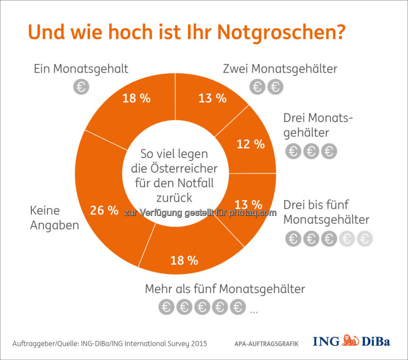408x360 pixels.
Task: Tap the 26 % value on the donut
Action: pos(104,210)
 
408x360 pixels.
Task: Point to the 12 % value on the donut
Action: pos(250,144)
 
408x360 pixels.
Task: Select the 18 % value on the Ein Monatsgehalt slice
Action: pos(136,98)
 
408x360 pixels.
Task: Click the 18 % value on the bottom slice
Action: pos(184,260)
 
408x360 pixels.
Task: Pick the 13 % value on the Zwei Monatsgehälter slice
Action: pos(212,98)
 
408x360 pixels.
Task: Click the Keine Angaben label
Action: pos(54,217)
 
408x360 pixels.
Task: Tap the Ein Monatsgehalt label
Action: pos(81,68)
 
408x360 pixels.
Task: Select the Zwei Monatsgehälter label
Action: pos(280,68)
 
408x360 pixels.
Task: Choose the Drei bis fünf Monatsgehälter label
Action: pos(326,212)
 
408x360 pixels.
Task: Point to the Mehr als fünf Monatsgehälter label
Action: pos(225,288)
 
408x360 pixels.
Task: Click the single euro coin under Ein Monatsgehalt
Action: pos(81,87)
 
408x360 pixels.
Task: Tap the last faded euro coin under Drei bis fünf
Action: pos(365,239)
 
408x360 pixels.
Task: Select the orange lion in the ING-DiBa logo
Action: pos(351,341)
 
